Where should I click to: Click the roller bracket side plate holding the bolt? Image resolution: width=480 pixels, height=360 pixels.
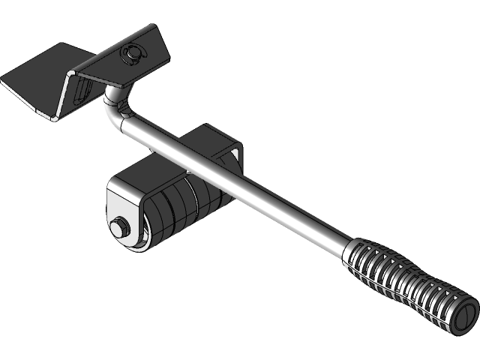124,214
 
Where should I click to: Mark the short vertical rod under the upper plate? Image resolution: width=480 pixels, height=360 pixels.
112,96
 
